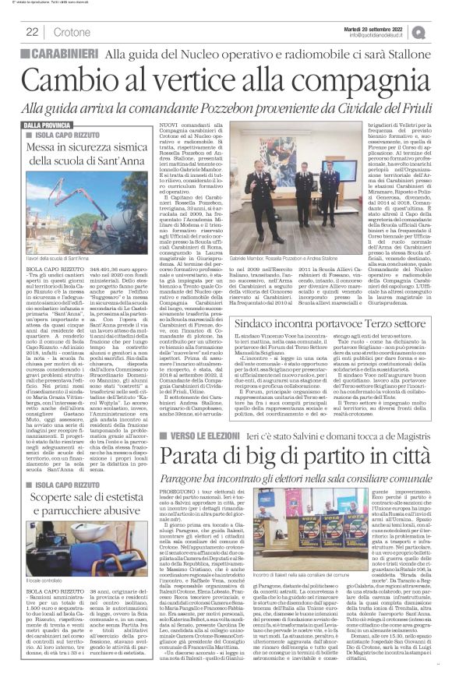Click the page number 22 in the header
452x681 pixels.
click(32, 31)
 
